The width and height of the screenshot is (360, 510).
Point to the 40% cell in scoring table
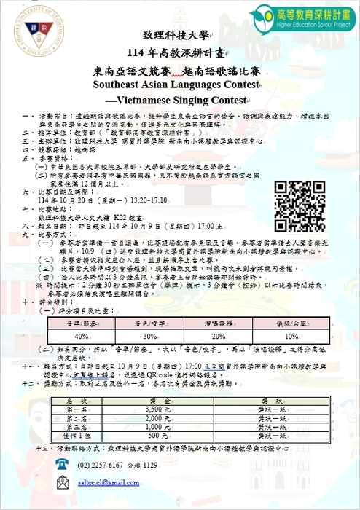(82, 337)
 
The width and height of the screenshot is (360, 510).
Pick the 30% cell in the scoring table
(149, 337)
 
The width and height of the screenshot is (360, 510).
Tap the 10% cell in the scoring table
(291, 337)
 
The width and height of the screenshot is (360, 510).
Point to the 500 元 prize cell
(159, 436)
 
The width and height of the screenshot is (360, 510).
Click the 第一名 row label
(77, 410)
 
